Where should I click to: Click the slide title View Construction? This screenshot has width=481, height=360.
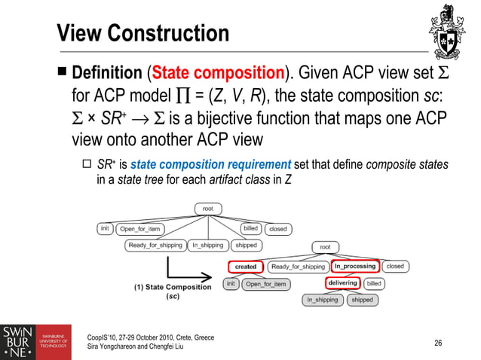click(x=143, y=34)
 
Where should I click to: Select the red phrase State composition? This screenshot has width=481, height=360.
click(x=218, y=75)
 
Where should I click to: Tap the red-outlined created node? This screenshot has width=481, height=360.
click(x=246, y=266)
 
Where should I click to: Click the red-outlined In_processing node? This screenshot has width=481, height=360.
click(x=354, y=266)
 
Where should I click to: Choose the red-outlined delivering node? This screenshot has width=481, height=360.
click(x=342, y=283)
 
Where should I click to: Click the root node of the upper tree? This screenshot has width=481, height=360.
click(x=207, y=209)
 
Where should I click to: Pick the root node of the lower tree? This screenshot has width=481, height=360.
click(x=326, y=247)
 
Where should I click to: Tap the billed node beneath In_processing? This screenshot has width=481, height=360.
click(x=374, y=284)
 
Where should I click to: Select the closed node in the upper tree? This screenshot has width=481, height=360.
click(x=278, y=228)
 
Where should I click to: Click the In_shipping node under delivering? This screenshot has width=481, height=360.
click(x=321, y=300)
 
